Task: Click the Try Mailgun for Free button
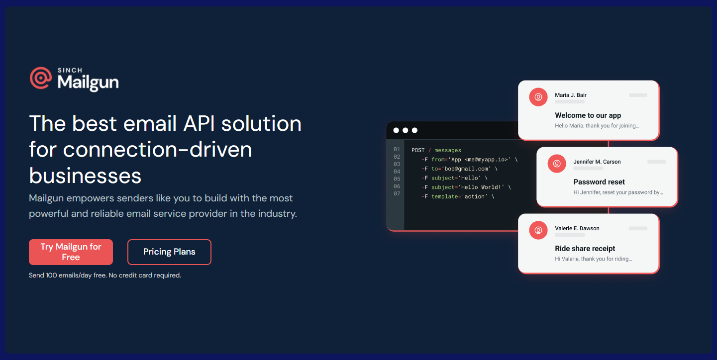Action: (71, 252)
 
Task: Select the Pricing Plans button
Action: (169, 252)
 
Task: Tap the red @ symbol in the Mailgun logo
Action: (41, 78)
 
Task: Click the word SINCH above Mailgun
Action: (70, 70)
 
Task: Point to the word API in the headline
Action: (199, 123)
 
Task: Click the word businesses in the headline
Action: (85, 176)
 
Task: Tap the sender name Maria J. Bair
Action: (571, 95)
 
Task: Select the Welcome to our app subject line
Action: (588, 115)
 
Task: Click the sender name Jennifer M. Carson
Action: (597, 162)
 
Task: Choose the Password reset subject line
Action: (599, 182)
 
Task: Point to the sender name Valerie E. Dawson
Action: (577, 228)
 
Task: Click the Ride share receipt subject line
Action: (585, 248)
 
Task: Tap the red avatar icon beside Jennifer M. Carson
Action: (557, 164)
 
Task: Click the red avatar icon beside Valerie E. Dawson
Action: (538, 230)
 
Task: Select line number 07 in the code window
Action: (397, 193)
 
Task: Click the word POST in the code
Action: (418, 150)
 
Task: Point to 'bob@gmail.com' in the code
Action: (466, 169)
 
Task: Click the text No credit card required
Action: (145, 275)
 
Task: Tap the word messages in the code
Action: (448, 150)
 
